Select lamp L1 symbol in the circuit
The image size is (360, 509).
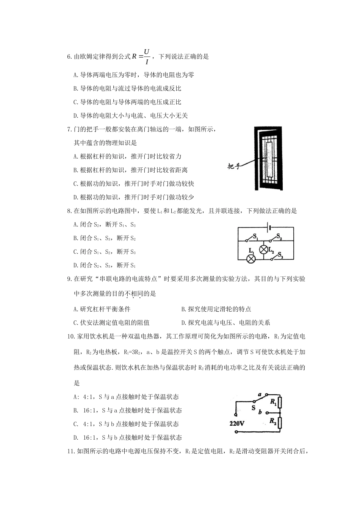pyautogui.click(x=250, y=259)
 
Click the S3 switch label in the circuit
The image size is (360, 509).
pyautogui.click(x=280, y=256)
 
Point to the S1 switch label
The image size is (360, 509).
pyautogui.click(x=255, y=237)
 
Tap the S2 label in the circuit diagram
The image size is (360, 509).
pyautogui.click(x=279, y=237)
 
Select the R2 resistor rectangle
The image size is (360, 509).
pyautogui.click(x=280, y=423)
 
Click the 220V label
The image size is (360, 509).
pyautogui.click(x=237, y=423)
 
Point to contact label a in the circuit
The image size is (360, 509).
pyautogui.click(x=260, y=394)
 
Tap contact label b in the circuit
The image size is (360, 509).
pyautogui.click(x=260, y=411)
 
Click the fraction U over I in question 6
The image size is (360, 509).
pyautogui.click(x=147, y=56)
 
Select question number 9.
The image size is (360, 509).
pyautogui.click(x=69, y=279)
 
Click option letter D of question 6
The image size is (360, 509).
pyautogui.click(x=75, y=116)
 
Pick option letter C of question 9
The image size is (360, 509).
pyautogui.click(x=75, y=323)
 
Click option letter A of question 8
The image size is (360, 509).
pyautogui.click(x=75, y=225)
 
